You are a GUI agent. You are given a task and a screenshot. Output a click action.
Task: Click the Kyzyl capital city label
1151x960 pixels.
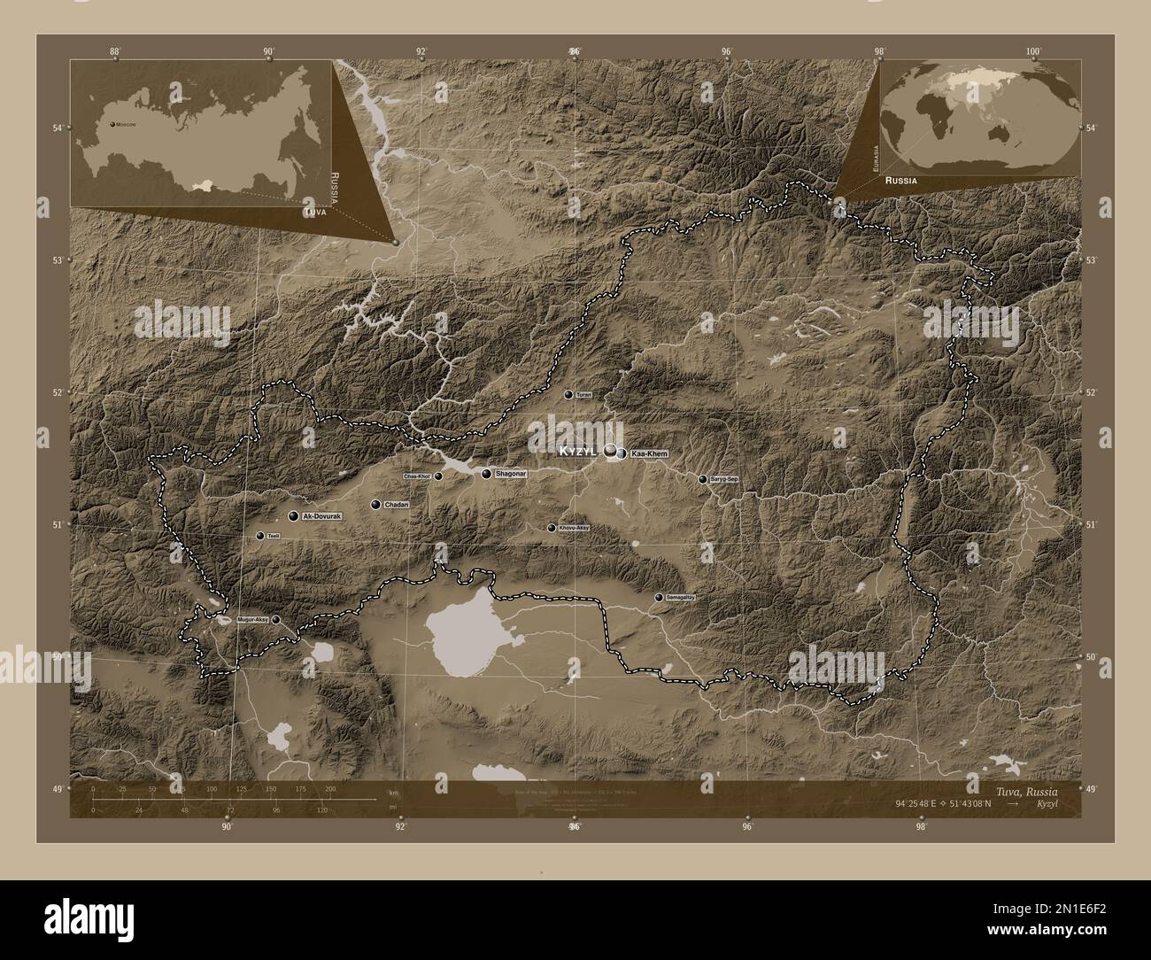tap(579, 452)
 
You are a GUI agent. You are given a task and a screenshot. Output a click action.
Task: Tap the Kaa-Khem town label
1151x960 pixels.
tap(649, 454)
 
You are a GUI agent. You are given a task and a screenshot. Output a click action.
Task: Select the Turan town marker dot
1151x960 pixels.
tap(568, 394)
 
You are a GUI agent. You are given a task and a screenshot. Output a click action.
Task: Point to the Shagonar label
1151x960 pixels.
tap(512, 474)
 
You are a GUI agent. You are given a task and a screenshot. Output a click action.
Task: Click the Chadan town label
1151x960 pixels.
tap(397, 505)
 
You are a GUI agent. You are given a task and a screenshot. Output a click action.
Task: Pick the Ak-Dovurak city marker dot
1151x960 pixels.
tap(293, 515)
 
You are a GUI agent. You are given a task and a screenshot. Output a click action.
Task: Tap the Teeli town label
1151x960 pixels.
tap(273, 536)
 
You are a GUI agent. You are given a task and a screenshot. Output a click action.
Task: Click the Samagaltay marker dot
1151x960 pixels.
tap(658, 598)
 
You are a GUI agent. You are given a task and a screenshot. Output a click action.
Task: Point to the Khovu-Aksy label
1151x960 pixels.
tap(574, 528)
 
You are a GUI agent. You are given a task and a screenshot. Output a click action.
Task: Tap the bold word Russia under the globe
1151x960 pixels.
tap(900, 179)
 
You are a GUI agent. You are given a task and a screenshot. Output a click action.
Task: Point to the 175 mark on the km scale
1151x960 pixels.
tap(302, 788)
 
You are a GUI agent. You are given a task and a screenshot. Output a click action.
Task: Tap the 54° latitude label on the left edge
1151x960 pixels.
tap(56, 128)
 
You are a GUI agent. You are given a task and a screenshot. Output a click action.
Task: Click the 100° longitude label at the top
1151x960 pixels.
tap(1032, 51)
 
